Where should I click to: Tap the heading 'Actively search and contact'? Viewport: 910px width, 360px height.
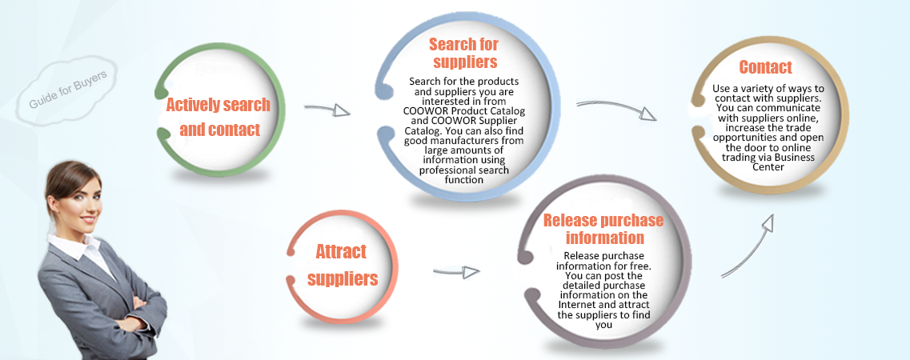(x=218, y=117)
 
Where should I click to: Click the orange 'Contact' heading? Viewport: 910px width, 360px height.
(x=765, y=67)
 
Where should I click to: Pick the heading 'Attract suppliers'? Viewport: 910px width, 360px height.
(x=342, y=265)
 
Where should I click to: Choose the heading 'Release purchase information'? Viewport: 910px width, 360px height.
(x=593, y=229)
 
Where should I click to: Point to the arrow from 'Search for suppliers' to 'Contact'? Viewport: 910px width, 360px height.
(x=616, y=109)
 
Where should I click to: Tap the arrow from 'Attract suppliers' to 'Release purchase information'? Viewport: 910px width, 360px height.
(x=456, y=272)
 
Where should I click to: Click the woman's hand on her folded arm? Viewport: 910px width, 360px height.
(x=131, y=303)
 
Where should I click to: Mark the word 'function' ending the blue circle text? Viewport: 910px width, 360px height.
(x=464, y=180)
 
